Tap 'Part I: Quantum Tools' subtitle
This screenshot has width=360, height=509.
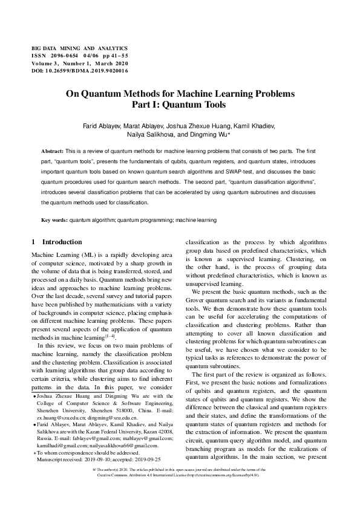point(180,105)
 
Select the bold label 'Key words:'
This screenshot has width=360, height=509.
point(54,220)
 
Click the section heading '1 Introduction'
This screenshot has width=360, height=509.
point(56,242)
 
